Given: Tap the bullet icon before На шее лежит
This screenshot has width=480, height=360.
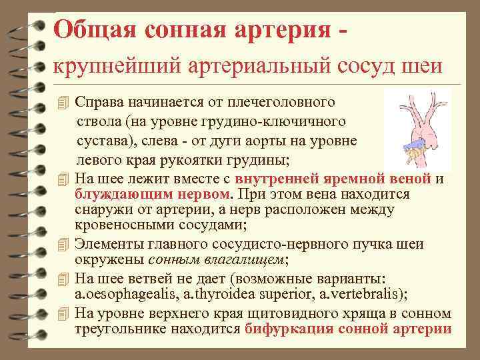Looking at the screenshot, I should [63, 179].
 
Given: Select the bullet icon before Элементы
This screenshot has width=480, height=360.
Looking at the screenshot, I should [63, 245].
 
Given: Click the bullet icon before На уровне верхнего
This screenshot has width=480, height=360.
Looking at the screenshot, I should [63, 313].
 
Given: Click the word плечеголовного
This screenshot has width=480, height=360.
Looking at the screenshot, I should [287, 103].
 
